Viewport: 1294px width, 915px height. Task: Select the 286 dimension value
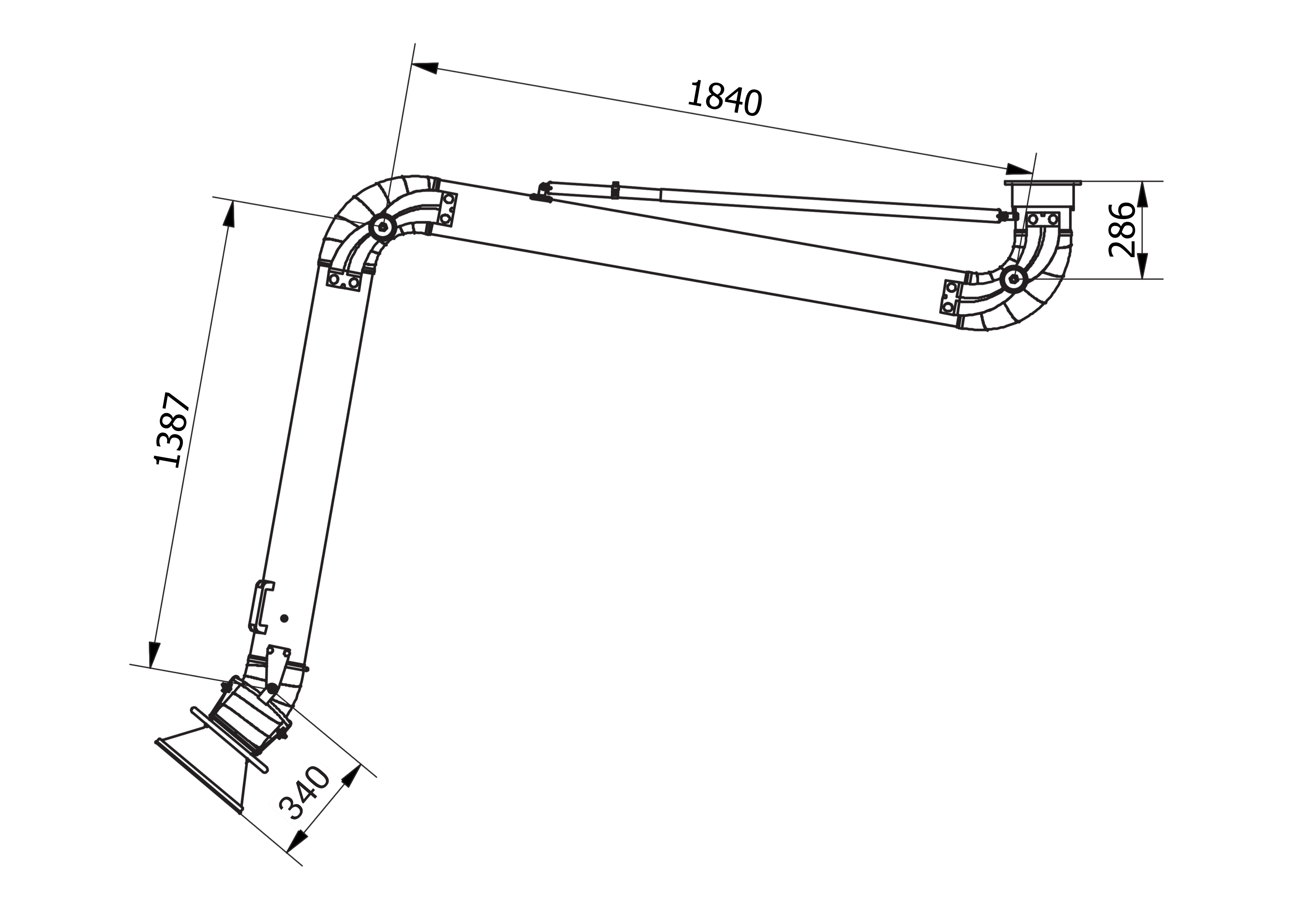pyautogui.click(x=1120, y=230)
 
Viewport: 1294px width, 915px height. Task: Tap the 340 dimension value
pyautogui.click(x=304, y=793)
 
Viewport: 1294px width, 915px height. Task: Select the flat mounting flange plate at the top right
pyautogui.click(x=1043, y=183)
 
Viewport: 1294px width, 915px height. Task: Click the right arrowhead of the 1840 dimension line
pyautogui.click(x=1020, y=169)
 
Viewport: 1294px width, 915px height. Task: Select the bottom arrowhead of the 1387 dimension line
pyautogui.click(x=153, y=654)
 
